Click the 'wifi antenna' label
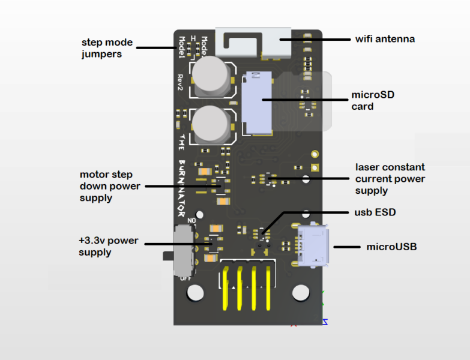pyautogui.click(x=385, y=40)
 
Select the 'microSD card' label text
pyautogui.click(x=373, y=100)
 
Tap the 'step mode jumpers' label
pyautogui.click(x=107, y=49)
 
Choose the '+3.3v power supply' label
pyautogui.click(x=109, y=247)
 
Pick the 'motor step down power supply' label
pyautogui.click(x=110, y=186)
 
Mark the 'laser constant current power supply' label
pyautogui.click(x=390, y=179)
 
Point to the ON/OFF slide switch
pyautogui.click(x=183, y=250)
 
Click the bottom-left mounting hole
pyautogui.click(x=195, y=293)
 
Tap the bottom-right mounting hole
pyautogui.click(x=300, y=293)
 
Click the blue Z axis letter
pyautogui.click(x=325, y=322)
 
